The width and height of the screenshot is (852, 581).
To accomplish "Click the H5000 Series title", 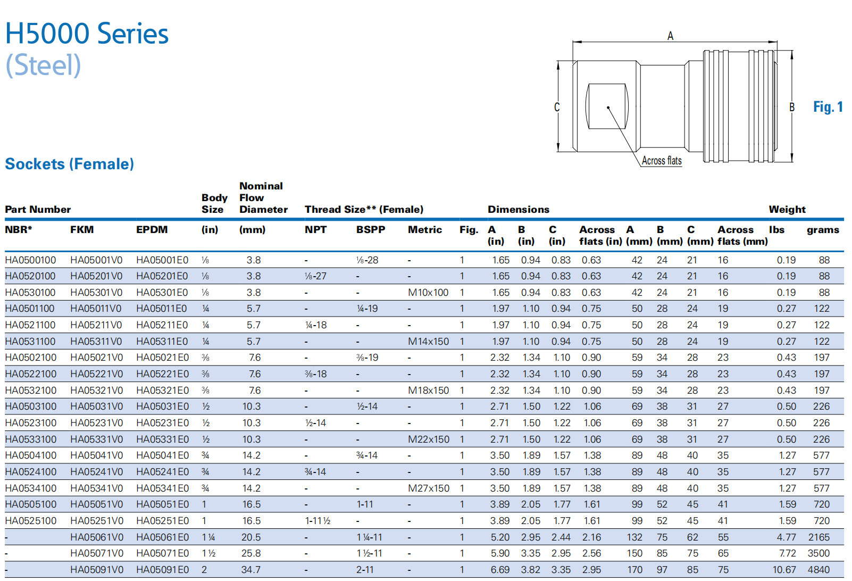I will [x=87, y=34].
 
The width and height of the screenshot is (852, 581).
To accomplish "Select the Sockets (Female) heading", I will [x=69, y=164].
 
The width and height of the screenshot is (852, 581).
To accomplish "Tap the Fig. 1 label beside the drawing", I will [x=828, y=107].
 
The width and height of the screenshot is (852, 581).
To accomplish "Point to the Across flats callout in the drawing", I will [x=661, y=161].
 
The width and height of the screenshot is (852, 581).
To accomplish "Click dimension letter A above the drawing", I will [x=670, y=36].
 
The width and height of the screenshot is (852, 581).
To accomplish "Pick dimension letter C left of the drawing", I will [x=557, y=107].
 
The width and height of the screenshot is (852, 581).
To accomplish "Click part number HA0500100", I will [x=30, y=260].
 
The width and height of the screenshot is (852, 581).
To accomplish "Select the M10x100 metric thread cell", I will [x=428, y=293].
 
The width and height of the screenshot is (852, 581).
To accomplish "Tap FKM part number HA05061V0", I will [x=96, y=537].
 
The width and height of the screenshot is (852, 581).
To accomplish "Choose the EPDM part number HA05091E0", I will [x=162, y=570].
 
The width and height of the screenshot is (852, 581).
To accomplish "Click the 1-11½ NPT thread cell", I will [x=318, y=521].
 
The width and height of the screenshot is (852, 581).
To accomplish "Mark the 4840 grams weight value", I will [x=818, y=570].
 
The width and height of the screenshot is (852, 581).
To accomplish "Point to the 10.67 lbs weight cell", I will [x=784, y=570].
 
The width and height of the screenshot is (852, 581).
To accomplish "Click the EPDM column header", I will [x=152, y=230].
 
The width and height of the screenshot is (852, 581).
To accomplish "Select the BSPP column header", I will [x=371, y=230].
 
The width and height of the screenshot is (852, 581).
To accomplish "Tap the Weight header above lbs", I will [x=787, y=210].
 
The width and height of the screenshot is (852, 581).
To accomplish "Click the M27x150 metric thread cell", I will [x=429, y=488].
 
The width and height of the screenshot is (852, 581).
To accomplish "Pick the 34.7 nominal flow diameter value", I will [x=251, y=570].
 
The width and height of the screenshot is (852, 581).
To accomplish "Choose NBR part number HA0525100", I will [x=30, y=521].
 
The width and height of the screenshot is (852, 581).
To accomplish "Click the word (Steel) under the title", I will [x=43, y=65].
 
